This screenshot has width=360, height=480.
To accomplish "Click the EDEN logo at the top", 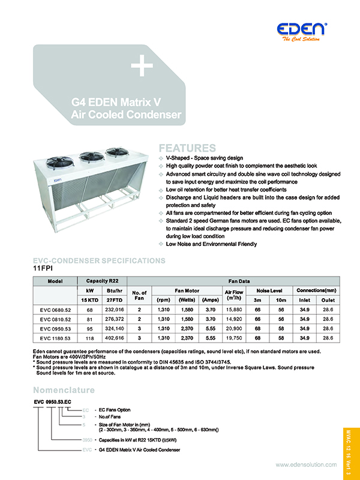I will coord(302,29).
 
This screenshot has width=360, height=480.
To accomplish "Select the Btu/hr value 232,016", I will coord(113,310).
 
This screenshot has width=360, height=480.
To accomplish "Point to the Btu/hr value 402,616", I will coord(113,338).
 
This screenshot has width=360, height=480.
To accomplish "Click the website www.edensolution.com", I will coord(305,465).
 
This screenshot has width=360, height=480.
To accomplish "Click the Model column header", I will coord(55,281).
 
